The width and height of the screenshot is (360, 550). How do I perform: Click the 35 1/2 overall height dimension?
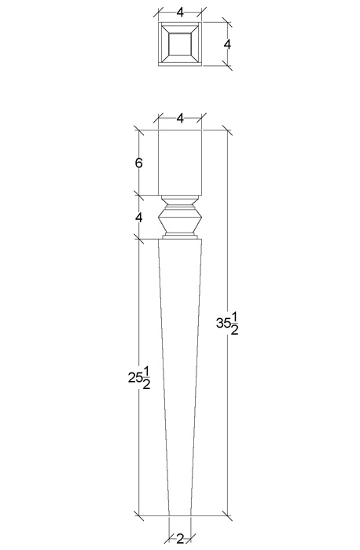(227, 324)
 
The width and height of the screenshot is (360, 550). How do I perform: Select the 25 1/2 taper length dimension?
(139, 378)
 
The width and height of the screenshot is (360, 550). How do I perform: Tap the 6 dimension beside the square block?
(139, 163)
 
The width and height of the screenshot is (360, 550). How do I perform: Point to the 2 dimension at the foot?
(180, 538)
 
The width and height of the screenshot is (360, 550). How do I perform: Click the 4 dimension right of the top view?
(227, 45)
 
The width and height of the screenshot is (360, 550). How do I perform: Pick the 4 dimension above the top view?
(180, 13)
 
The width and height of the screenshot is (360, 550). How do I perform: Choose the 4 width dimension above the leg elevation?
(180, 119)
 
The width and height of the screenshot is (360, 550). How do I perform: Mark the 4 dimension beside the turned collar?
(139, 218)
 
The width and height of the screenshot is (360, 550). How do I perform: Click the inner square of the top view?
(180, 44)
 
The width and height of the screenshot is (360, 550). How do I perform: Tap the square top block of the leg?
(180, 163)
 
